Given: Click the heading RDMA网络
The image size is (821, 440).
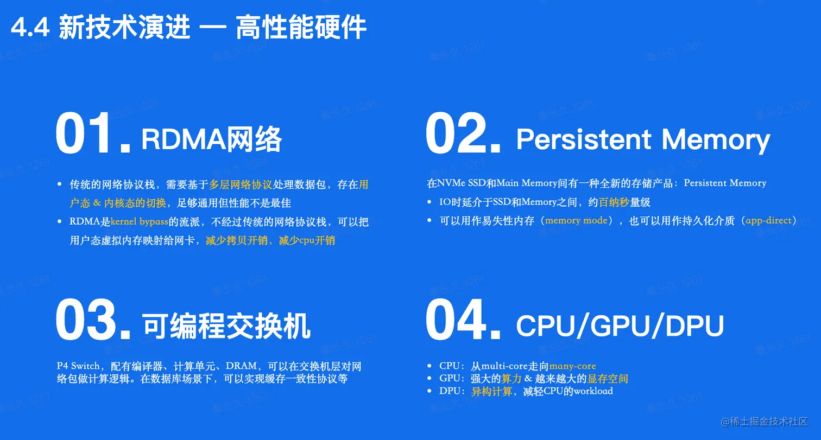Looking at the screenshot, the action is click(211, 139).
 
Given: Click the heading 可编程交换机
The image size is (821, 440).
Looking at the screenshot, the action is click(226, 326).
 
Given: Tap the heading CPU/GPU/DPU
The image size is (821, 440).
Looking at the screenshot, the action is click(620, 326).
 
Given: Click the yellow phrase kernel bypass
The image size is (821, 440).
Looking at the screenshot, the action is click(139, 221).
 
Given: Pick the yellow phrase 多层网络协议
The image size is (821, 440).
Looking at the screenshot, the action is click(241, 184).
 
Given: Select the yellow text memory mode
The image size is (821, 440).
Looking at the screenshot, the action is click(576, 221).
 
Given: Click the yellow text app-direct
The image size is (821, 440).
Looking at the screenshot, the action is click(768, 221).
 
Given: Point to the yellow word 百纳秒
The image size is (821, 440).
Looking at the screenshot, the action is click(614, 202).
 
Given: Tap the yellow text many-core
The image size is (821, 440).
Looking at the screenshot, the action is click(572, 366).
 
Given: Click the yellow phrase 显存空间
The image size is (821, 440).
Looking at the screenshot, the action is click(607, 379).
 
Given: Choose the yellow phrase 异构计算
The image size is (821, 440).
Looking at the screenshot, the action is click(491, 391).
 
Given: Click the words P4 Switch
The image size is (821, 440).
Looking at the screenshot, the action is click(78, 366).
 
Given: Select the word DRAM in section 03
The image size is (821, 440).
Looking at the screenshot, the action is click(241, 366).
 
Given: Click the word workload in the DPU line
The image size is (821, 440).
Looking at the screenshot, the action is click(593, 391).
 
